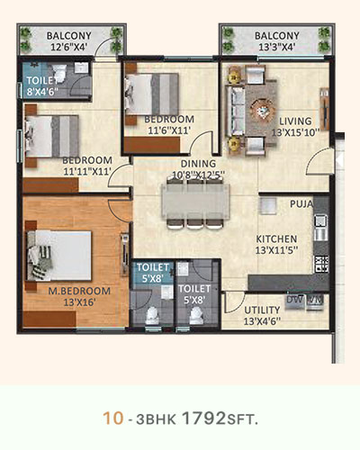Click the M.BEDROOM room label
pyautogui.click(x=79, y=291)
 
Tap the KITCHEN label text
pyautogui.click(x=276, y=238)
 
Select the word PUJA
pyautogui.click(x=301, y=204)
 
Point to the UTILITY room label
pyautogui.click(x=262, y=310)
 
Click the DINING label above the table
pyautogui.click(x=198, y=164)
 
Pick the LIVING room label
pyautogui.click(x=295, y=121)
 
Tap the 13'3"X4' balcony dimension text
pyautogui.click(x=277, y=47)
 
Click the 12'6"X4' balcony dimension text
pyautogui.click(x=68, y=47)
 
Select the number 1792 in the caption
pyautogui.click(x=203, y=418)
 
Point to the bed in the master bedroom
pyautogui.click(x=59, y=256)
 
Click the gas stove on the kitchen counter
pyautogui.click(x=321, y=264)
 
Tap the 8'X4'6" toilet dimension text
pyautogui.click(x=42, y=92)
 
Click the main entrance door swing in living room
pyautogui.click(x=319, y=161)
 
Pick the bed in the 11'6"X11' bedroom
pyautogui.click(x=152, y=94)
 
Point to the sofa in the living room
pyautogui.click(x=236, y=111)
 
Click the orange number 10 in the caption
pyautogui.click(x=113, y=418)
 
